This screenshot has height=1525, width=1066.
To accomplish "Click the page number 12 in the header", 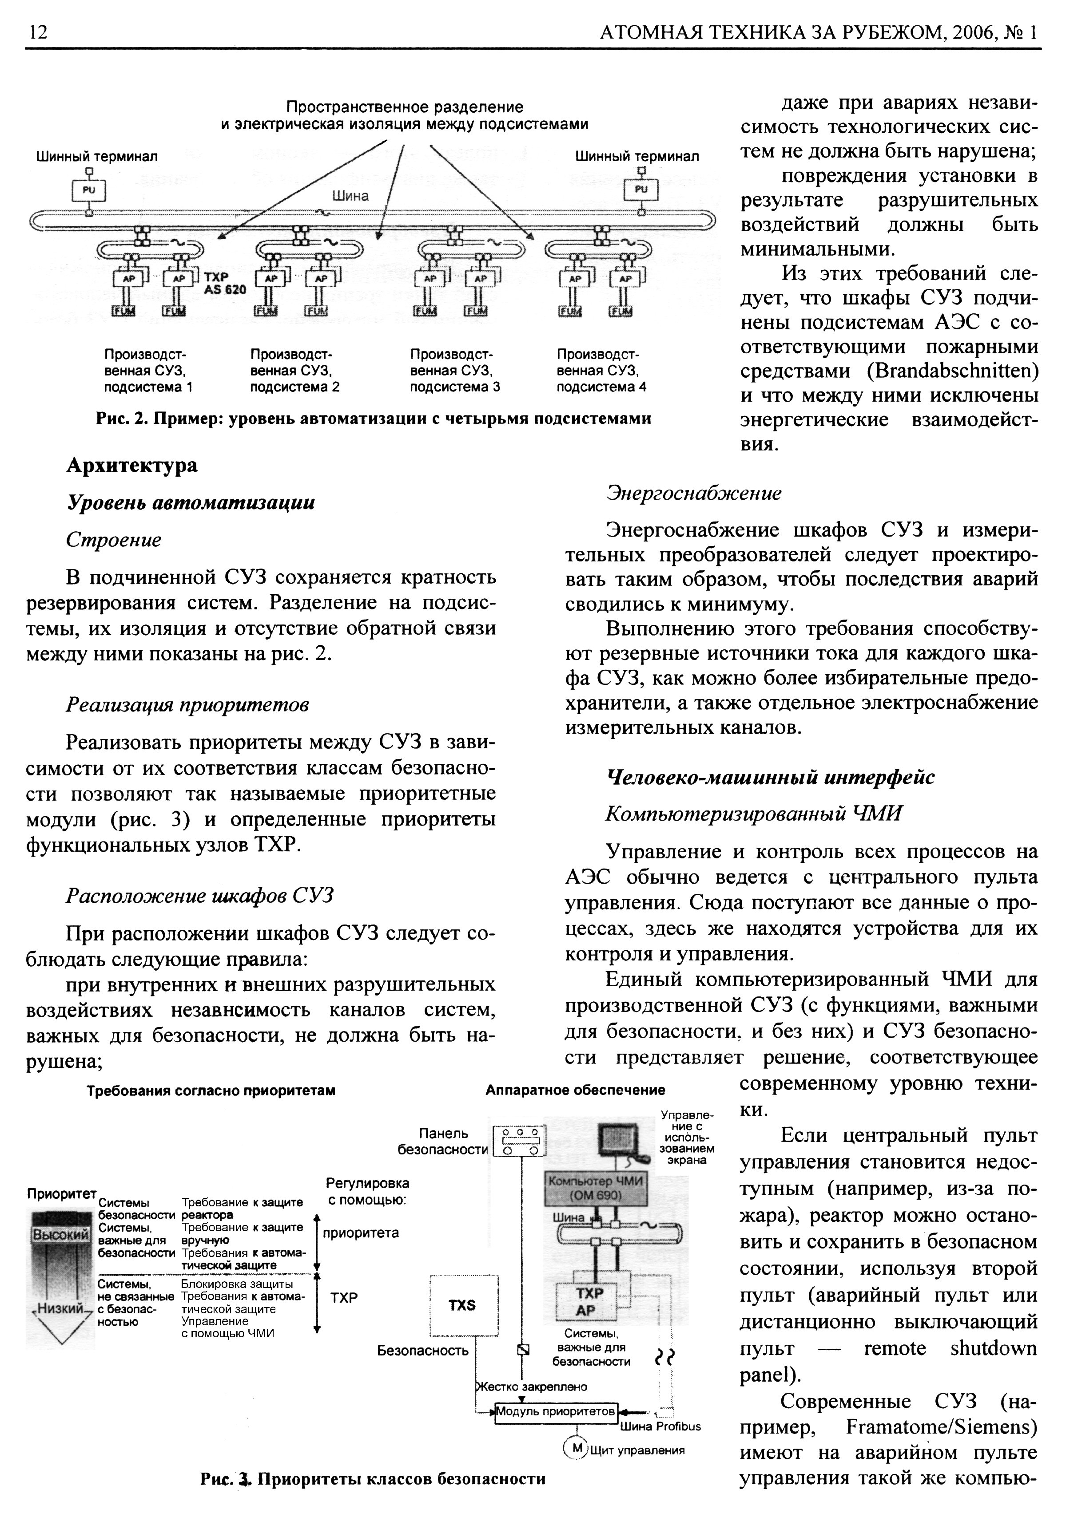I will [x=37, y=32].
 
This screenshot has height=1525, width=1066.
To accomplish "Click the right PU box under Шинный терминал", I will [x=640, y=190].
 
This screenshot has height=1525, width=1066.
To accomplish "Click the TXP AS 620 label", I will [x=225, y=284].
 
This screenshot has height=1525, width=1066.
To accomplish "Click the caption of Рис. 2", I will [x=374, y=419].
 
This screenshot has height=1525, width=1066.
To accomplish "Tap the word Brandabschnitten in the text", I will [x=952, y=371].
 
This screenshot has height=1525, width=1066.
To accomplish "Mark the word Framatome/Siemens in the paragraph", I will [x=942, y=1427].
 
